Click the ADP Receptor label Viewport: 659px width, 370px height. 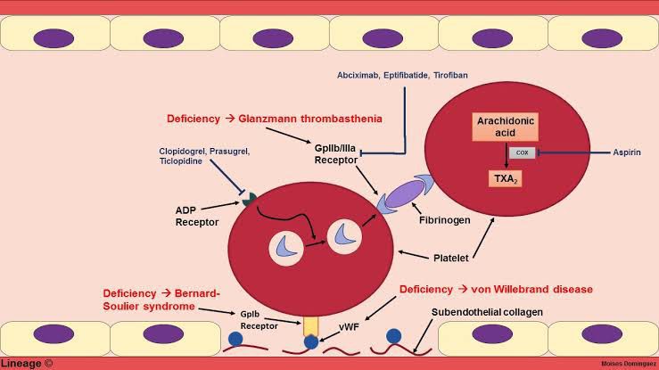pos(197,217)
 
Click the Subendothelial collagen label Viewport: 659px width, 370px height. pos(486,312)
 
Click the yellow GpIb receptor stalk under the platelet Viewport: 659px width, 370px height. pos(309,325)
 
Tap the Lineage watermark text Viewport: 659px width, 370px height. pos(27,363)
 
